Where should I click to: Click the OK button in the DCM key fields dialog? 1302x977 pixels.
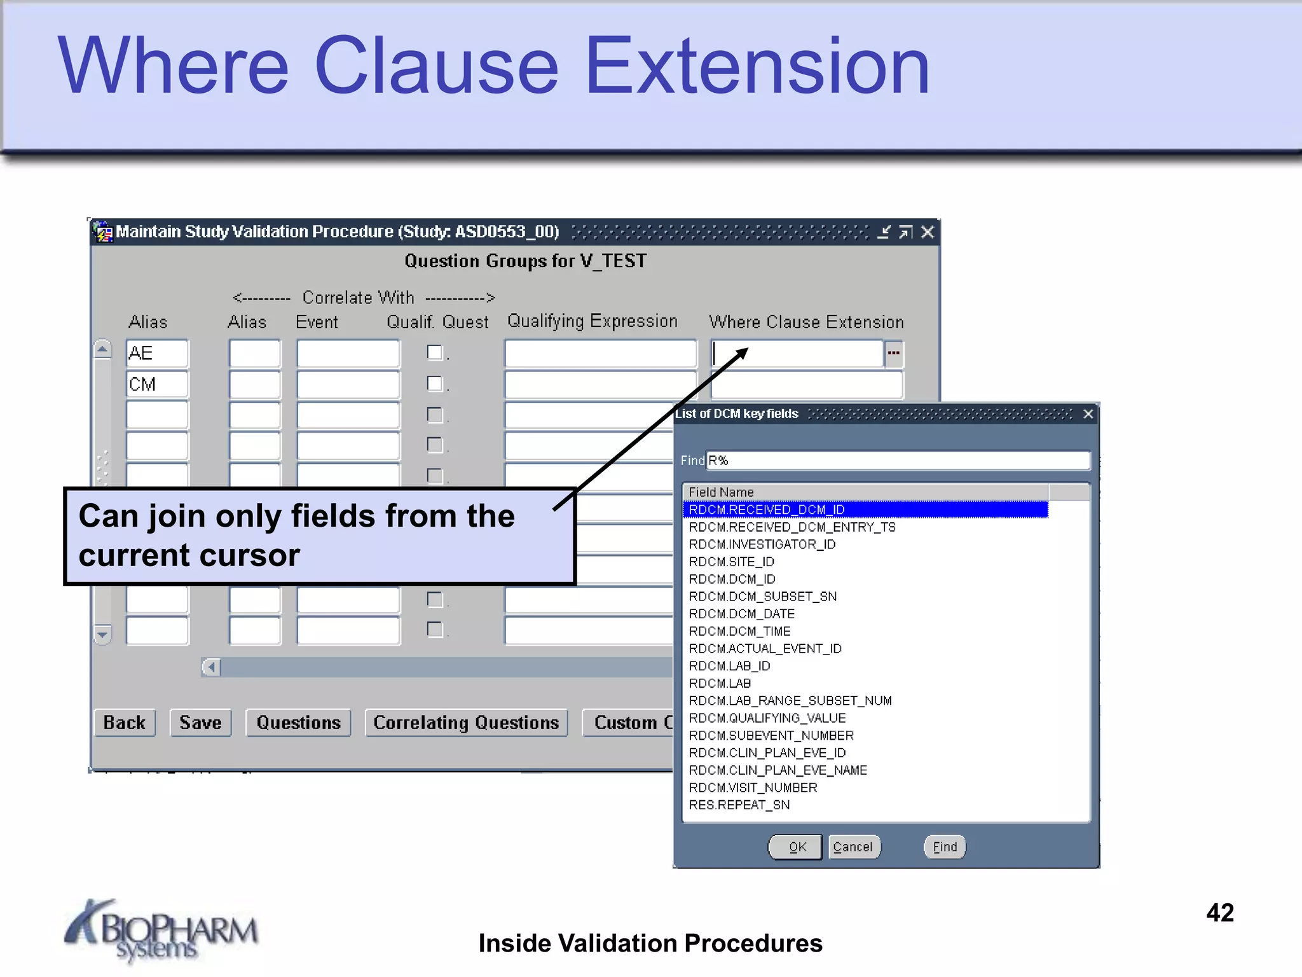[796, 847]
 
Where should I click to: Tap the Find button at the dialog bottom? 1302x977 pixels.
[945, 847]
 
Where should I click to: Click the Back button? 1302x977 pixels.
[125, 723]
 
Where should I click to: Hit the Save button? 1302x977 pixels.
[200, 723]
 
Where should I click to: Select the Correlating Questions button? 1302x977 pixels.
[466, 723]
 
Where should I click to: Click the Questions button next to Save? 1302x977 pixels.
[299, 723]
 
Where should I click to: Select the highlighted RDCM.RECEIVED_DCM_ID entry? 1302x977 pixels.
[767, 509]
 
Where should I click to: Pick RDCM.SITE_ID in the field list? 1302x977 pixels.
[732, 562]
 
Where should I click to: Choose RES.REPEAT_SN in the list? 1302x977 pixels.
[739, 805]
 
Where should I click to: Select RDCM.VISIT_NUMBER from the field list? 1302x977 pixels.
[753, 787]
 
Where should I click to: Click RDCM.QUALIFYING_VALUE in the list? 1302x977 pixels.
[767, 718]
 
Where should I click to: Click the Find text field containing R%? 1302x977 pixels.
[898, 461]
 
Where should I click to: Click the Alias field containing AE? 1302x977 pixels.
[157, 354]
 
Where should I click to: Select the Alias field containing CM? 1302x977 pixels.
[157, 385]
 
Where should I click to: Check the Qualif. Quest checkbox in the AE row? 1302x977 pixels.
[435, 352]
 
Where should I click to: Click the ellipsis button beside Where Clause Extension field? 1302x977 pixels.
[893, 354]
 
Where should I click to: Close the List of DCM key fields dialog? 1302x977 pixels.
[1088, 414]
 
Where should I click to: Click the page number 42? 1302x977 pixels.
[1220, 913]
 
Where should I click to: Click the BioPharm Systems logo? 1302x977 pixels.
[161, 930]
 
